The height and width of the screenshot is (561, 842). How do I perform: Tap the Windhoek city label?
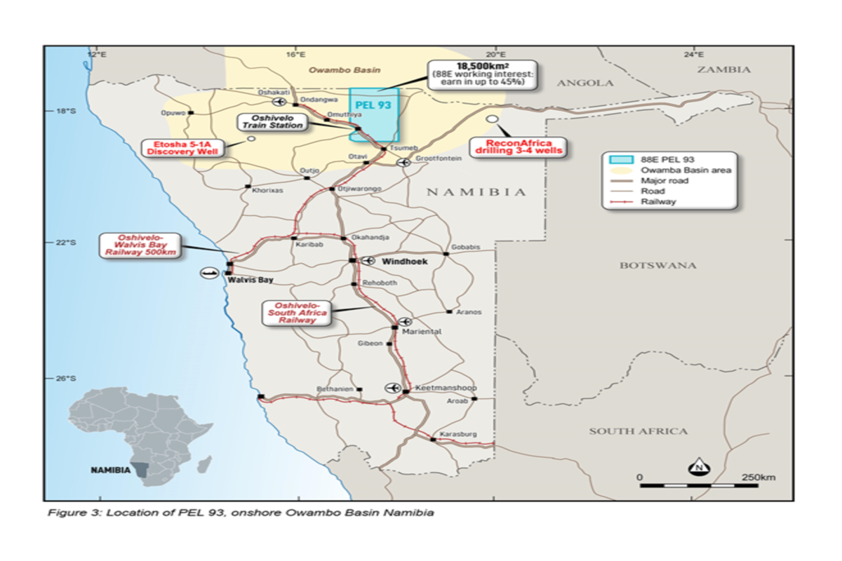(x=404, y=261)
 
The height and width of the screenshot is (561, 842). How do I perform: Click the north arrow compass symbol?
(x=699, y=466)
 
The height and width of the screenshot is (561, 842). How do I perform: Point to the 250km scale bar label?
(x=758, y=478)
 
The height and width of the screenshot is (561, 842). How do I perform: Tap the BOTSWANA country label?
(x=657, y=265)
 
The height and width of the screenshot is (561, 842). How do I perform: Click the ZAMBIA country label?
(x=724, y=69)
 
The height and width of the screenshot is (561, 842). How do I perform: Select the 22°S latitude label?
(x=65, y=242)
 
